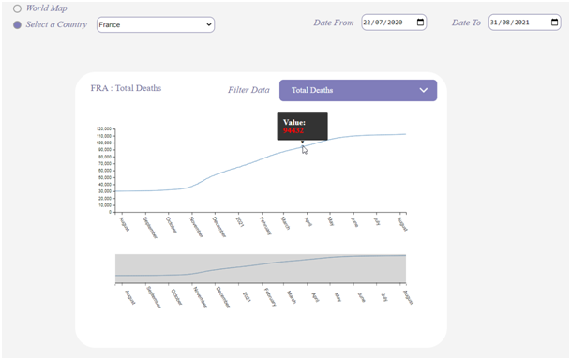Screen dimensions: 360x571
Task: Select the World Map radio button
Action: point(17,8)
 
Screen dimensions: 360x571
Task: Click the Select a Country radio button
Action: point(17,24)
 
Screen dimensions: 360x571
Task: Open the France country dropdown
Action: point(156,24)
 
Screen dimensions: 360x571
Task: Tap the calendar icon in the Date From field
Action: point(420,22)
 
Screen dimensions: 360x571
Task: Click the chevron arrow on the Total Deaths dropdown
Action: point(424,91)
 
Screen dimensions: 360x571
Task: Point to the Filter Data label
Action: point(248,91)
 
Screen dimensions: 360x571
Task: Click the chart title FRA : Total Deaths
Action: point(126,88)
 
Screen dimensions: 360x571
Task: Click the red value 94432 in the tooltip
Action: point(294,131)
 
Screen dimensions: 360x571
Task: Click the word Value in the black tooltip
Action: point(294,122)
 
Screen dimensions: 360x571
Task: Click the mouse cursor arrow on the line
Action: point(304,149)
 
